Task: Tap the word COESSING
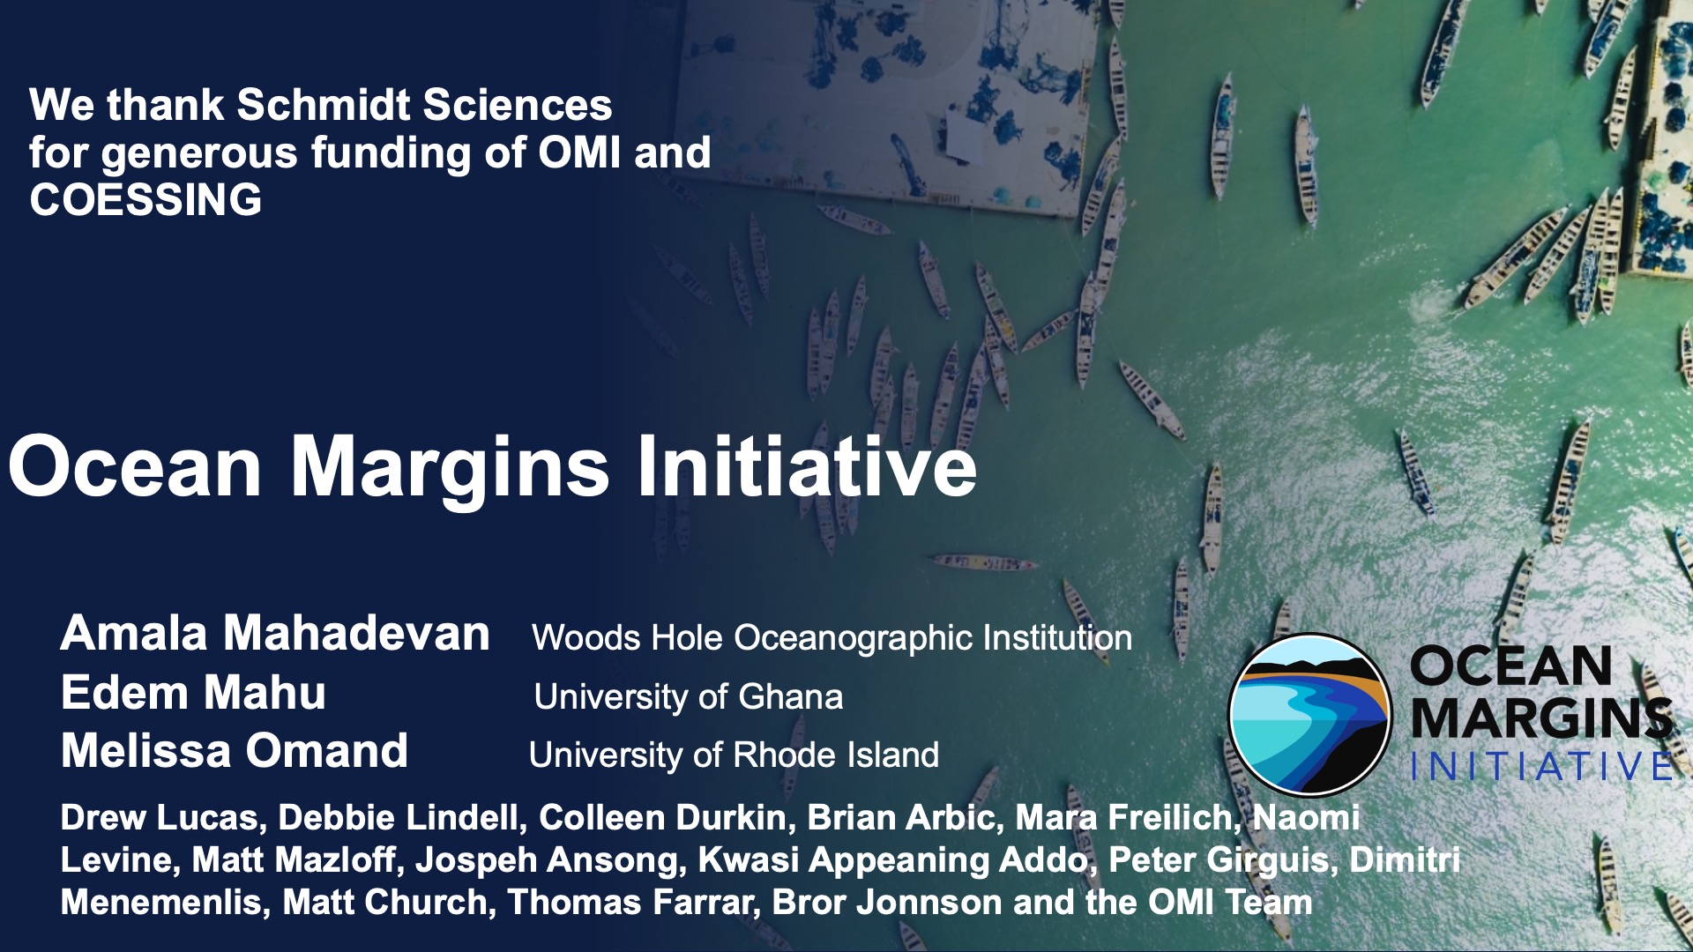coord(145,200)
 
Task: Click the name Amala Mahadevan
coord(275,633)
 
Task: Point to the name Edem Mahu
coord(193,692)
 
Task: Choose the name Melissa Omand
coord(235,751)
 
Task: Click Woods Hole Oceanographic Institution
coord(832,638)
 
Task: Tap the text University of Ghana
coord(688,697)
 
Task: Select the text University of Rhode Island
coord(734,755)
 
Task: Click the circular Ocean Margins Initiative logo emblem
coord(1310,714)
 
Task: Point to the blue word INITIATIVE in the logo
coord(1540,766)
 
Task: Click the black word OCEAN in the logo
coord(1510,666)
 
